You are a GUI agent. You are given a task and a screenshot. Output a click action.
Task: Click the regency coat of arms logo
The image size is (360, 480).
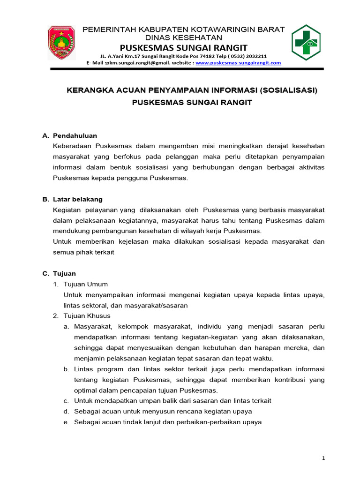coord(61,43)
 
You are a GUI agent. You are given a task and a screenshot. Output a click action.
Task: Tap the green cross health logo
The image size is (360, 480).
coord(306,43)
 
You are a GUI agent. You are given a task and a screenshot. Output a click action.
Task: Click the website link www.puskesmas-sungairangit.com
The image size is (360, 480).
coord(238,62)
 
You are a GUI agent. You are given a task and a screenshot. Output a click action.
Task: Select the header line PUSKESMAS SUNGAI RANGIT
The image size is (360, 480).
coord(184,48)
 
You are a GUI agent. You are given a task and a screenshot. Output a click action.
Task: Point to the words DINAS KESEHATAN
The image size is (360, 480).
coord(184,37)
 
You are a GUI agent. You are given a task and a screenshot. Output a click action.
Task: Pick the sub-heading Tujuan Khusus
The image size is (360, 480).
coord(87,316)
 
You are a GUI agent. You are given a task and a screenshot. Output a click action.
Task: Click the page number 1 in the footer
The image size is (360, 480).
coord(323,458)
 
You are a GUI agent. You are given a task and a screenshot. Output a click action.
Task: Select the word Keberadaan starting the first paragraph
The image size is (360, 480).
coord(74,146)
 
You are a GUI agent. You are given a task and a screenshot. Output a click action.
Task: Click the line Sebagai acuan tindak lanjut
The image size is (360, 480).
coord(167,422)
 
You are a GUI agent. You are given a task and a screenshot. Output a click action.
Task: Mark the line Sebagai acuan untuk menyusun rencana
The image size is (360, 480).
coord(163,411)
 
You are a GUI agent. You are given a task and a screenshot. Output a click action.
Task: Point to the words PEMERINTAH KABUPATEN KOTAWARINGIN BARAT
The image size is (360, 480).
coord(184,30)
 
